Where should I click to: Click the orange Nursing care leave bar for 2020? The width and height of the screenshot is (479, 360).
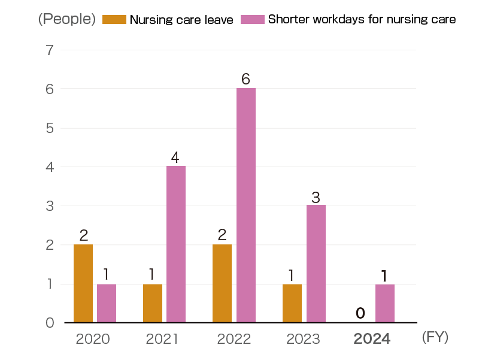83,283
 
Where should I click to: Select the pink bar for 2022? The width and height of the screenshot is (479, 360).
245,205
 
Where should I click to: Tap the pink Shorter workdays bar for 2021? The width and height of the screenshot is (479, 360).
176,244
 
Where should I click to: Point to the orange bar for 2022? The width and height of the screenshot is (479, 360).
222,283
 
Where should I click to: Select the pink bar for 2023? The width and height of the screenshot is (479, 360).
316,264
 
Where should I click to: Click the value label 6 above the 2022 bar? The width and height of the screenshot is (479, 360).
245,79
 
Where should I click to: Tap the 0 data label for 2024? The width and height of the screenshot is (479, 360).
360,313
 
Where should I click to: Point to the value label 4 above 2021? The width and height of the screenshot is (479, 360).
175,158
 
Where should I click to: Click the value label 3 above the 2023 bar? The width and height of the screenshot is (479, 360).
316,196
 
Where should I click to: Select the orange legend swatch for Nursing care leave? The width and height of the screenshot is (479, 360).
114,19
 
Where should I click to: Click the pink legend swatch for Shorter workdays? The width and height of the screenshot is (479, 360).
252,19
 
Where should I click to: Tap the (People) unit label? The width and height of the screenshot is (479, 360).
66,19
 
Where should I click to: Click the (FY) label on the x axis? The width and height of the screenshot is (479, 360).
435,337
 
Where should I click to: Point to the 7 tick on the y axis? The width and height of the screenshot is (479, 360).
50,50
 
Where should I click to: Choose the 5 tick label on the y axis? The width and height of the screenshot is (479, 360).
50,128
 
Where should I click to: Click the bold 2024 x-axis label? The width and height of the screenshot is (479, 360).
372,339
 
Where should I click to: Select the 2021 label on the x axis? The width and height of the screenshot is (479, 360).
162,339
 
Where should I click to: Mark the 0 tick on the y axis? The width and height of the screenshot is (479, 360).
50,323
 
